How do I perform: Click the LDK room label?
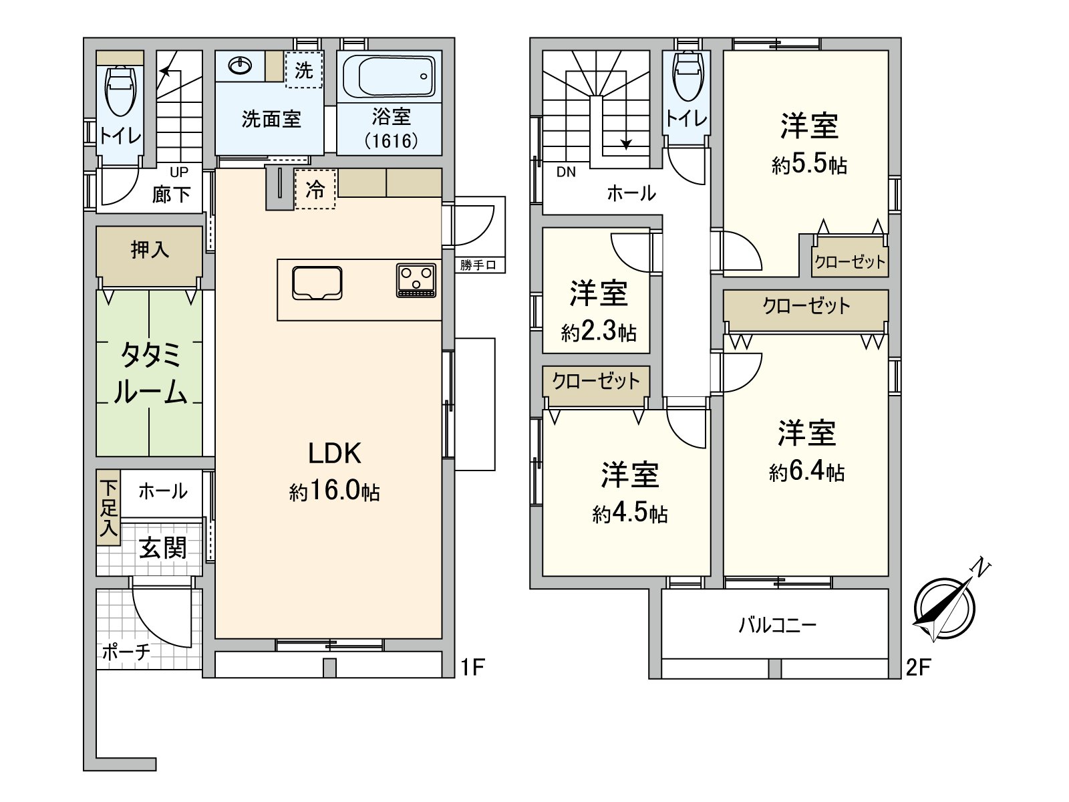coord(334,454)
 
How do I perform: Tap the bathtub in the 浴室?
coord(389,77)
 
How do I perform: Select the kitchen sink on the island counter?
coord(317,283)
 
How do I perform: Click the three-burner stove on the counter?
coord(416,280)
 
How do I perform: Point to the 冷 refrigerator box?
coord(315,190)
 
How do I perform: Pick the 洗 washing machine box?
coord(304,70)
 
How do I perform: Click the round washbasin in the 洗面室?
coord(240,65)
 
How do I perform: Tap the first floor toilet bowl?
coord(122,94)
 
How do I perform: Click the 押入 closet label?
coord(150,250)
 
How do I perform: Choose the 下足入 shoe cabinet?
coord(108,507)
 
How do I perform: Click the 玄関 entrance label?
coord(162,548)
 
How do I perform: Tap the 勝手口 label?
coord(478,265)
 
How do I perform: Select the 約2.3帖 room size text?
coord(599,332)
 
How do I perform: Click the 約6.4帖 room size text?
coord(806,473)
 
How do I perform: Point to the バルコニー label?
coord(778,626)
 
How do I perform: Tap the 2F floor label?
coord(919,667)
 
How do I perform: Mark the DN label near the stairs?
coord(566,172)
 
